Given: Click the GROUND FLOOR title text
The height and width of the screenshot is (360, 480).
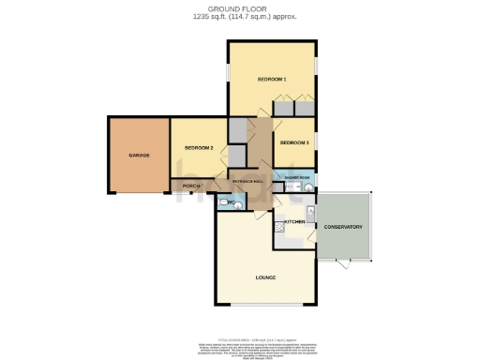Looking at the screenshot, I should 239,7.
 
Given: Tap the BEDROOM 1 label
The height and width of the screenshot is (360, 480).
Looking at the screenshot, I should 272,80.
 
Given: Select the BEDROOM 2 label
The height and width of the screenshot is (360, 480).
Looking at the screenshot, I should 199,148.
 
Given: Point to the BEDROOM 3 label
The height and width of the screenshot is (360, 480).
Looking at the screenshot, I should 294,142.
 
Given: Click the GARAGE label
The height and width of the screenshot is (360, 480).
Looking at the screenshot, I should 140,155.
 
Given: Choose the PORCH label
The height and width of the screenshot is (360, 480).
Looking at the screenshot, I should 191,187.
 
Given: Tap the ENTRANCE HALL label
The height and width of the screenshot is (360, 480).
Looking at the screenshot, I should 248,180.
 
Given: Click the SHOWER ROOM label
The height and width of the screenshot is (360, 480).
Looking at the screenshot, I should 299,177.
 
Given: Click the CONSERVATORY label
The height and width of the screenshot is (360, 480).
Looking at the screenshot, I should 343,227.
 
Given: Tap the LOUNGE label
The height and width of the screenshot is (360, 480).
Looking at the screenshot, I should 264,278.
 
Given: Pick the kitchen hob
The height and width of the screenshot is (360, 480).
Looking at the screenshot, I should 279,226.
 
